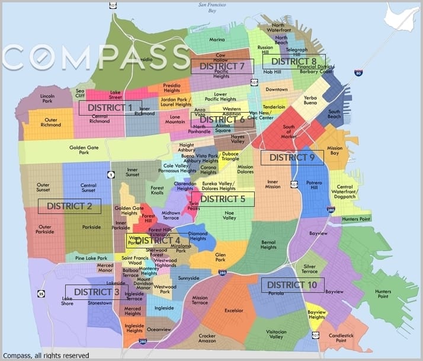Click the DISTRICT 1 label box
point(110,108)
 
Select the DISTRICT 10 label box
point(293,285)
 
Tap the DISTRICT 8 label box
point(294,62)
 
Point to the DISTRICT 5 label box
point(222,199)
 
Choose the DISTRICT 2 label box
point(69,206)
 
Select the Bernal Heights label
point(268,244)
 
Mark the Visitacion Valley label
point(276,334)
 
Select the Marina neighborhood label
point(217,40)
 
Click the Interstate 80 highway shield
point(358,73)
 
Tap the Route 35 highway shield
point(41,293)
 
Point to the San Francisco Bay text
point(211,7)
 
